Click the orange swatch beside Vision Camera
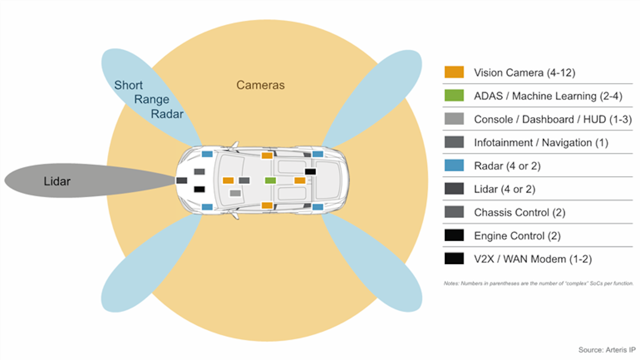(454, 72)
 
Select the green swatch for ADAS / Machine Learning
(454, 96)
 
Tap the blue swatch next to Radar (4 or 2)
(454, 165)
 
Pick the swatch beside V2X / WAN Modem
(454, 259)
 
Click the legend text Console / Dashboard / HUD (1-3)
(552, 119)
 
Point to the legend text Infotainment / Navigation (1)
(541, 143)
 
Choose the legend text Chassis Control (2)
(520, 212)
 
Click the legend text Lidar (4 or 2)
(504, 189)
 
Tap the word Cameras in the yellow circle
(260, 85)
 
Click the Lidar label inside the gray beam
(57, 181)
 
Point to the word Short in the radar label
(128, 85)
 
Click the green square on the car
(270, 180)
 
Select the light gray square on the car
(235, 193)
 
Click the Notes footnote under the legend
(538, 283)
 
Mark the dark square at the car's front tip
(181, 180)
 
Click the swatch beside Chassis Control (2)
(454, 212)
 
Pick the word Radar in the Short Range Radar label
(167, 114)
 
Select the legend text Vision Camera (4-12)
(524, 72)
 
